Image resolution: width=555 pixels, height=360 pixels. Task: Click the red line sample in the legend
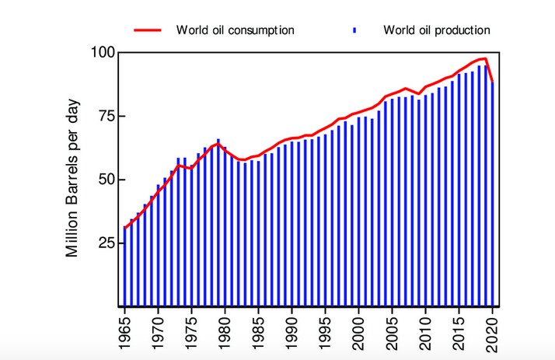click(x=148, y=30)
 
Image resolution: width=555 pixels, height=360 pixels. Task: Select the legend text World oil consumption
click(x=235, y=30)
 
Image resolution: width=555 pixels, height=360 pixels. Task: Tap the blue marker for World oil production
click(x=354, y=30)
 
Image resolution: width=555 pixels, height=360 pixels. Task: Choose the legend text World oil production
click(x=436, y=30)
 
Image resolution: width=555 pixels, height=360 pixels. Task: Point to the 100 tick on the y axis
click(x=103, y=53)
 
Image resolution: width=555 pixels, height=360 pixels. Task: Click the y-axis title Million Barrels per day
click(x=73, y=178)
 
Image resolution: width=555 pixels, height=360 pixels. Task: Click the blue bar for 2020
click(x=492, y=194)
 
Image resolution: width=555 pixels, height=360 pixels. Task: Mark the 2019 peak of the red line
click(x=485, y=58)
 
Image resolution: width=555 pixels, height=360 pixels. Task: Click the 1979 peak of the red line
click(x=218, y=144)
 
